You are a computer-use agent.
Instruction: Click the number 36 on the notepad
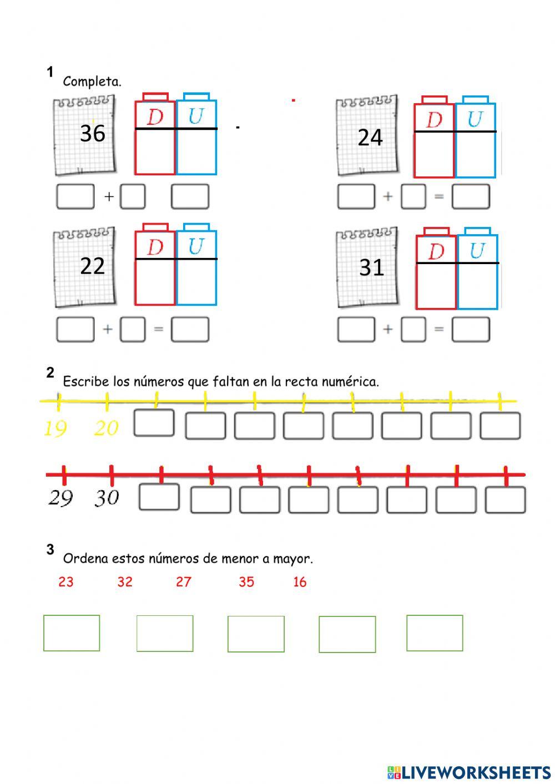[x=92, y=133]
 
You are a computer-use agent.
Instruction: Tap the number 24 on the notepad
[x=370, y=137]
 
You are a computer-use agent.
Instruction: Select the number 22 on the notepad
[x=92, y=266]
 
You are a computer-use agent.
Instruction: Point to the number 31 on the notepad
[x=371, y=268]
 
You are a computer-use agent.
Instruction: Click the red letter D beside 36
[x=155, y=117]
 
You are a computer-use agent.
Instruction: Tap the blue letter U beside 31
[x=477, y=251]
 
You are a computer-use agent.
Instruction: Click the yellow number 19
[x=55, y=428]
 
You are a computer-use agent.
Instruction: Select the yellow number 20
[x=106, y=428]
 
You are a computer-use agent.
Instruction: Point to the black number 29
[x=60, y=498]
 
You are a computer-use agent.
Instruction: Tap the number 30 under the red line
[x=107, y=498]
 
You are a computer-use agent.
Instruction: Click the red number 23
[x=65, y=581]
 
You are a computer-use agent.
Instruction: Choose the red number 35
[x=246, y=581]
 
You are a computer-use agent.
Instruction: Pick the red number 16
[x=300, y=581]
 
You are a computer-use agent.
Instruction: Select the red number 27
[x=184, y=581]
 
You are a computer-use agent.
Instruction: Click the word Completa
[x=92, y=82]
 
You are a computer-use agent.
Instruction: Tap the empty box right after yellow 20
[x=154, y=423]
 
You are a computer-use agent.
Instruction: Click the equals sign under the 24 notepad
[x=438, y=196]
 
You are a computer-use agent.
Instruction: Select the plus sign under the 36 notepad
[x=109, y=196]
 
